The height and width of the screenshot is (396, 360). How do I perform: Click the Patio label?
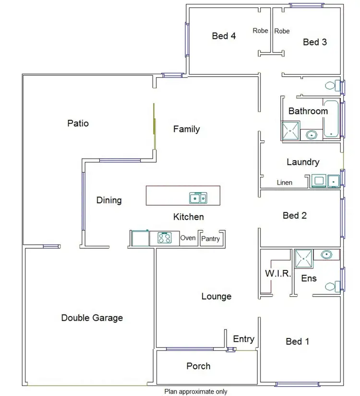[x=78, y=123]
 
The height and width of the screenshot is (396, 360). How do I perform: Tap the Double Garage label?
[x=92, y=317]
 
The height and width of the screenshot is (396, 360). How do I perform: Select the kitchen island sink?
[x=198, y=198]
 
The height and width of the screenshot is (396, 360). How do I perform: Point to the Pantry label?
[x=211, y=238]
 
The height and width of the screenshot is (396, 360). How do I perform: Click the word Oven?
[x=188, y=238]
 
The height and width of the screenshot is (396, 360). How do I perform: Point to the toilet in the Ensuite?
[x=331, y=287]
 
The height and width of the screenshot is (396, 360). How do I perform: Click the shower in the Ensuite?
[x=303, y=258]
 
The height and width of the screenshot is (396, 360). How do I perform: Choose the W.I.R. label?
[x=277, y=274]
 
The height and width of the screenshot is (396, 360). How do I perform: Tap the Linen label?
[x=285, y=183]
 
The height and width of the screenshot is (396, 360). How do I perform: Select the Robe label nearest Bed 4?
[x=260, y=31]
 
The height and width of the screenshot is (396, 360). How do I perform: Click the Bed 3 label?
[x=315, y=42]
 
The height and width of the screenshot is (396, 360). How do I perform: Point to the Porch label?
[x=198, y=366]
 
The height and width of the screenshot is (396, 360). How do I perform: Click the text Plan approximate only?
[x=196, y=391]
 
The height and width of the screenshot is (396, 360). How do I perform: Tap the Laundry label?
[x=303, y=162]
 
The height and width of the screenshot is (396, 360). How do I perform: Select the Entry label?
[x=243, y=339]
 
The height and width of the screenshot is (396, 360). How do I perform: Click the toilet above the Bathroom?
[x=331, y=86]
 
